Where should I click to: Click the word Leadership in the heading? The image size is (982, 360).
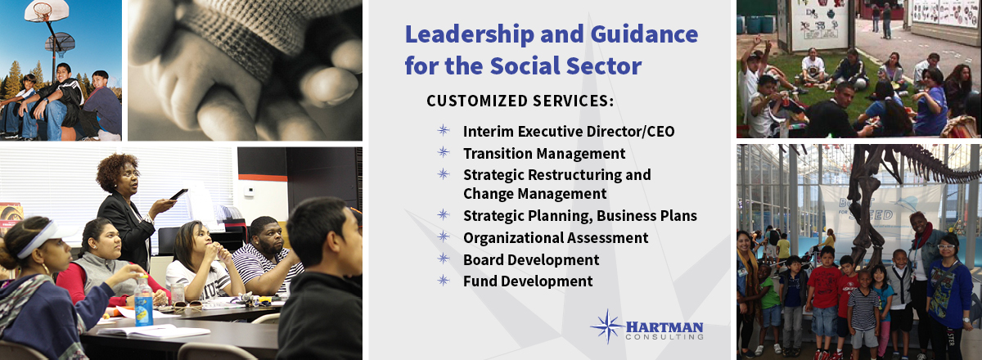click(470, 35)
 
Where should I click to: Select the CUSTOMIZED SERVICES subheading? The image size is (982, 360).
click(520, 101)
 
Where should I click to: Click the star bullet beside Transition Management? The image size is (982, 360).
click(444, 152)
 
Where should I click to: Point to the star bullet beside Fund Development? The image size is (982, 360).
click(444, 280)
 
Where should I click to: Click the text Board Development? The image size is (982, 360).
click(531, 260)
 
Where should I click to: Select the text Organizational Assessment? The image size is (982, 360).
click(556, 238)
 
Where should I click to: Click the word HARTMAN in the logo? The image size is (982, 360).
click(664, 327)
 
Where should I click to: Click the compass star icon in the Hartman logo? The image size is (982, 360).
click(607, 326)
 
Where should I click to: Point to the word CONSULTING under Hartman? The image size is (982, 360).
click(664, 337)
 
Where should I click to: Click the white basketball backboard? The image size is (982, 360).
click(47, 11)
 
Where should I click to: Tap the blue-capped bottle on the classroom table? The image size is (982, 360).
click(143, 301)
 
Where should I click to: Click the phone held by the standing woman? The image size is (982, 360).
click(179, 194)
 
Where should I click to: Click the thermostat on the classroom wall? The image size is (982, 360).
click(250, 191)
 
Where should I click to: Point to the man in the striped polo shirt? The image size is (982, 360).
click(267, 258)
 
